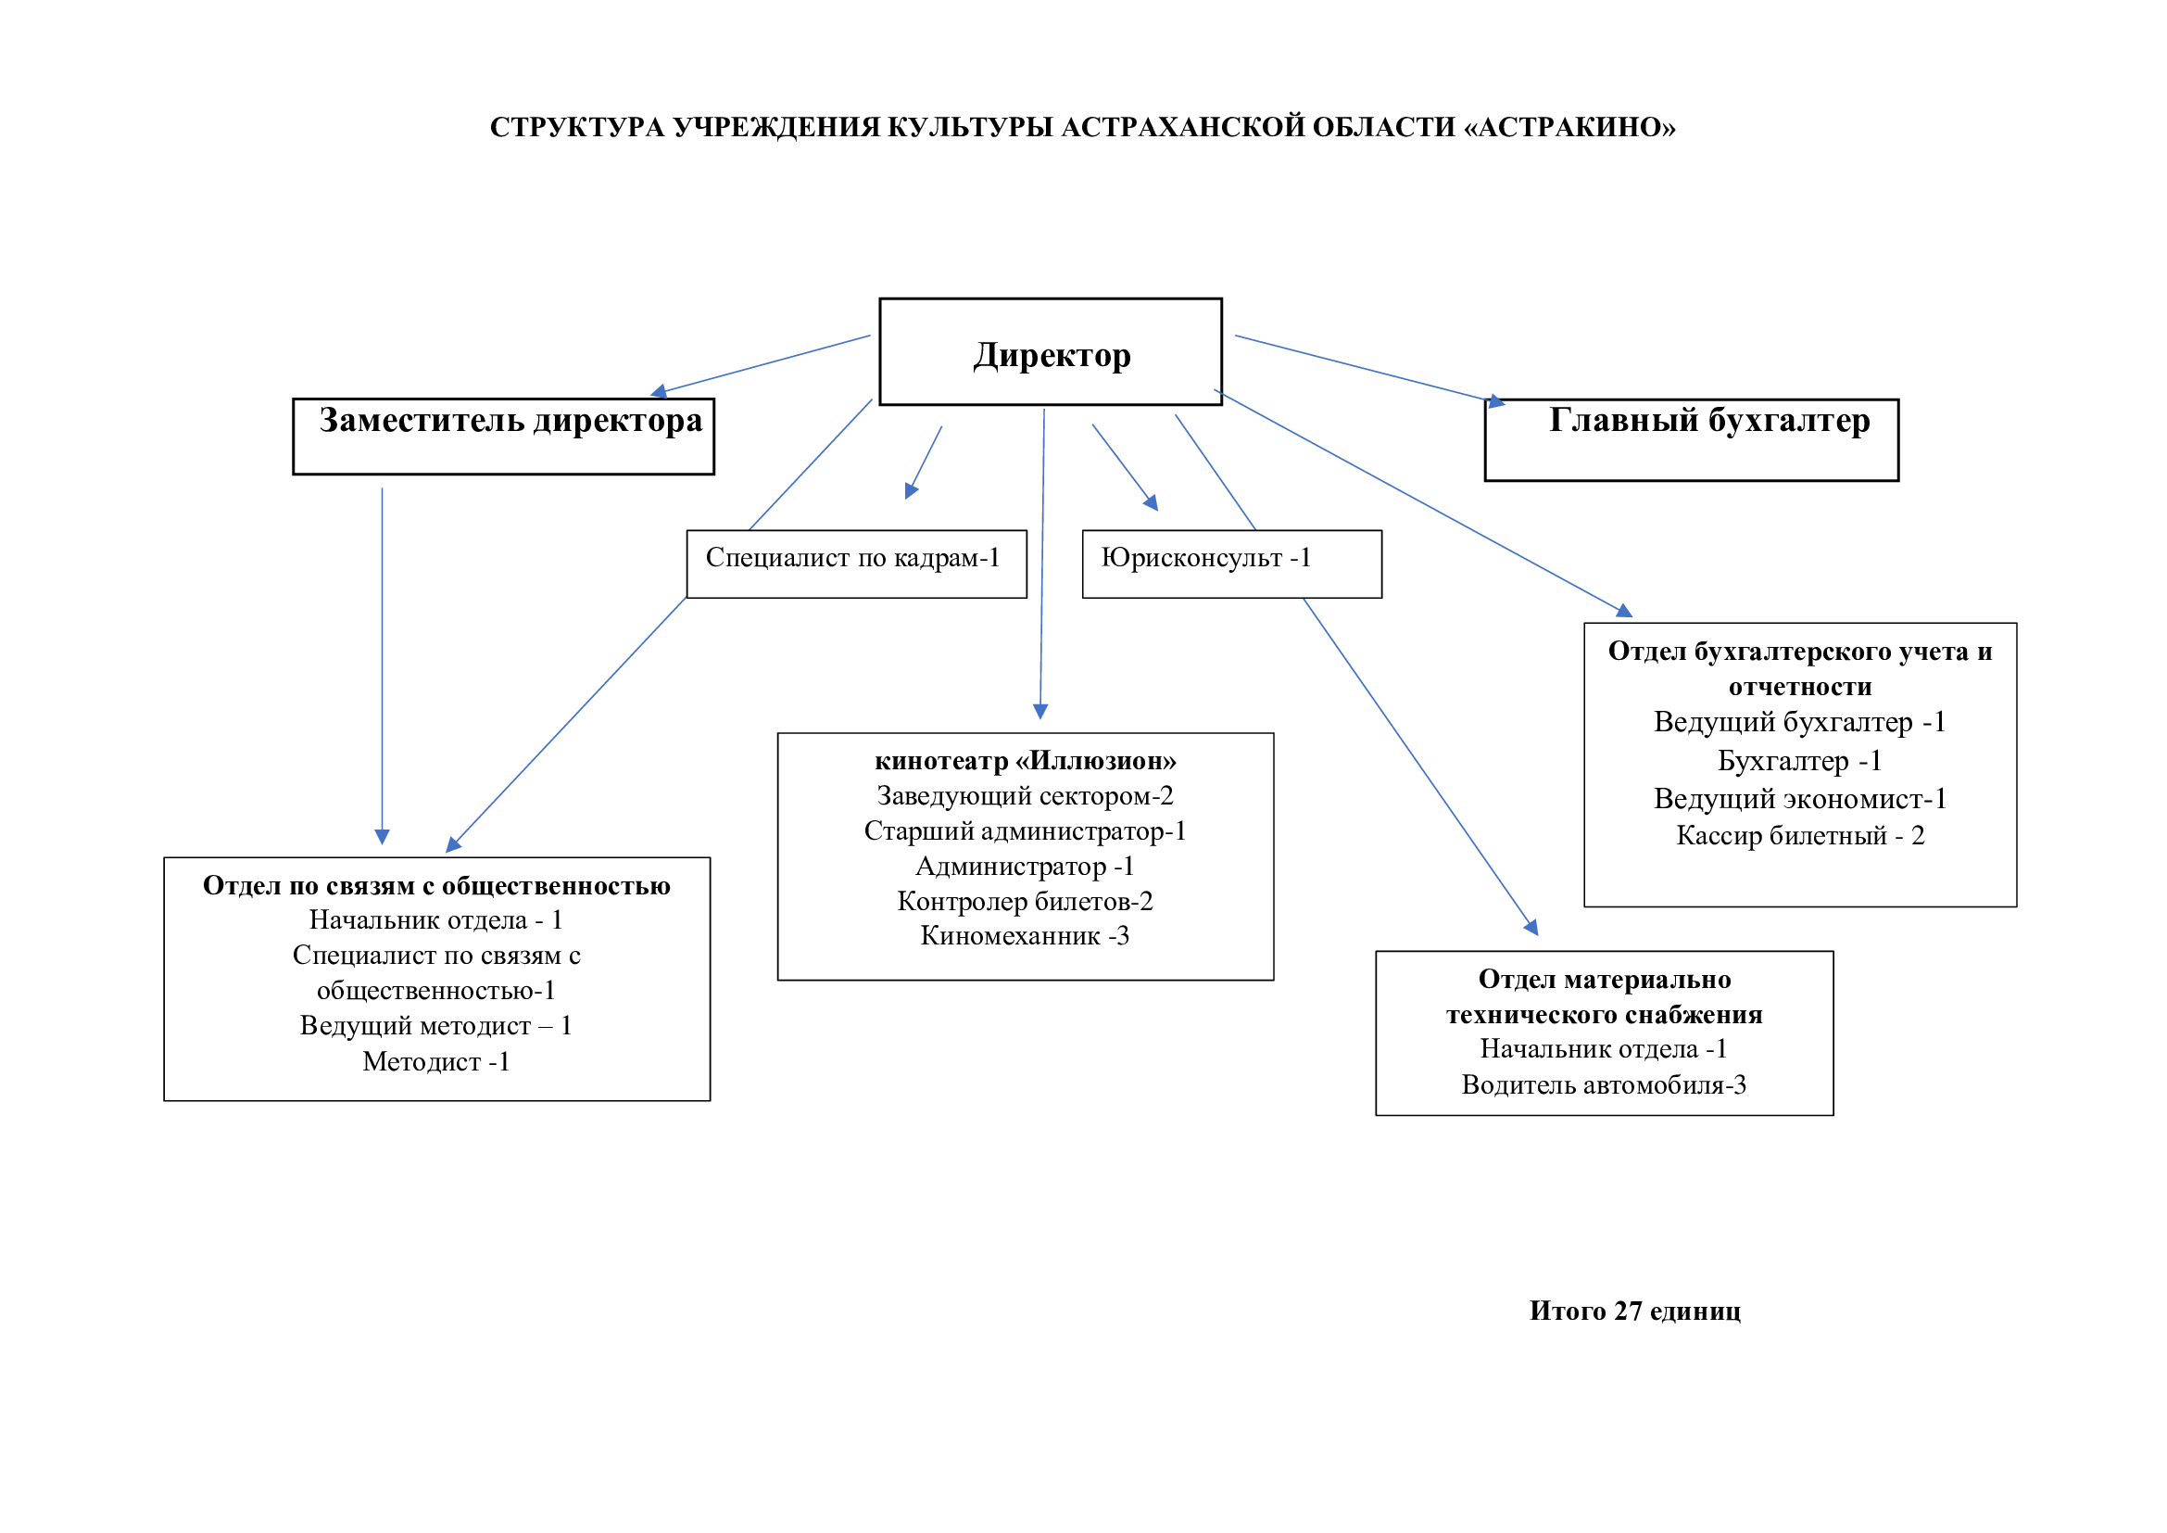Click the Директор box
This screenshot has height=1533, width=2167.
click(1050, 352)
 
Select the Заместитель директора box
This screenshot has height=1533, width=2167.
click(503, 436)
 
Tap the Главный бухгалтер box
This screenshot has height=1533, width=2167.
click(1692, 439)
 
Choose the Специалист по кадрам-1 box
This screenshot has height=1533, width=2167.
click(855, 563)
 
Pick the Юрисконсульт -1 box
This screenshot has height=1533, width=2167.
click(1230, 563)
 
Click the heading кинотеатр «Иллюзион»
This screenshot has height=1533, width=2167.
click(1025, 761)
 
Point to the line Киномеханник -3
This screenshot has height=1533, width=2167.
click(1025, 935)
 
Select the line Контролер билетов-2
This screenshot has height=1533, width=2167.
click(1025, 901)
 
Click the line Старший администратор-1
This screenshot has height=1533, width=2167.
click(1025, 830)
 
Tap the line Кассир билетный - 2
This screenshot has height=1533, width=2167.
click(1800, 835)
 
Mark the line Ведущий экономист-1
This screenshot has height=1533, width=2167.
click(1800, 799)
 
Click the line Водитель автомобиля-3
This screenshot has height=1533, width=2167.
click(1604, 1084)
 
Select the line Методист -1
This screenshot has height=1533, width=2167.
click(436, 1061)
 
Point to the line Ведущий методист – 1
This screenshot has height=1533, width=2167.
click(436, 1025)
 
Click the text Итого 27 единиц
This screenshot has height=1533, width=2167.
click(1634, 1311)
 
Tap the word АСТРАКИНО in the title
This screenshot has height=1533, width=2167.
click(1569, 127)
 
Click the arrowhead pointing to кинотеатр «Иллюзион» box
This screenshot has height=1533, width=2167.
click(1040, 711)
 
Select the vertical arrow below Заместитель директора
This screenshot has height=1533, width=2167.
click(382, 661)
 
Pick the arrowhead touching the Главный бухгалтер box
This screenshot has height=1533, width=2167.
click(1495, 401)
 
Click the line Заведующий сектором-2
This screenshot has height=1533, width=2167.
click(1025, 796)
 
